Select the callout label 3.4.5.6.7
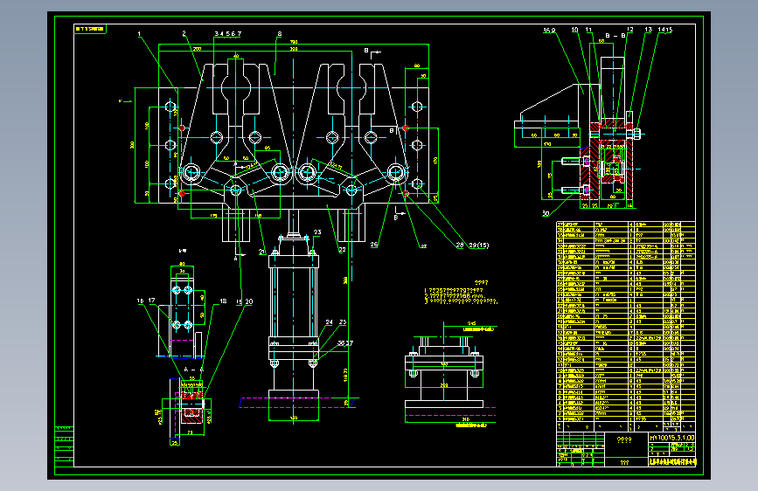227,33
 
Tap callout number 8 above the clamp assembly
279,33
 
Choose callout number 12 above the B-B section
629,30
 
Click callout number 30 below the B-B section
546,212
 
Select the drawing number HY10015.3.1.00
671,436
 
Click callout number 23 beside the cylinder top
317,232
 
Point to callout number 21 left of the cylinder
261,252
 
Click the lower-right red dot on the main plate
407,192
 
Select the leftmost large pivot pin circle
190,172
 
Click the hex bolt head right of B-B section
639,134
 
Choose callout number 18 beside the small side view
224,301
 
